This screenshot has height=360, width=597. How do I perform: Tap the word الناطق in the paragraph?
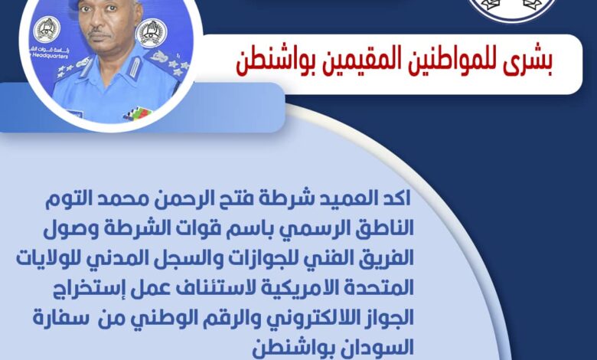[x=384, y=228]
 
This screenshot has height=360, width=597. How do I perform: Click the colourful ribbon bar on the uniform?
[x=138, y=113]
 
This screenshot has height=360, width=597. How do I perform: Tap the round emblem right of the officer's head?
[x=151, y=33]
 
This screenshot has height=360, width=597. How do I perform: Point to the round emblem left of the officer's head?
[x=47, y=29]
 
